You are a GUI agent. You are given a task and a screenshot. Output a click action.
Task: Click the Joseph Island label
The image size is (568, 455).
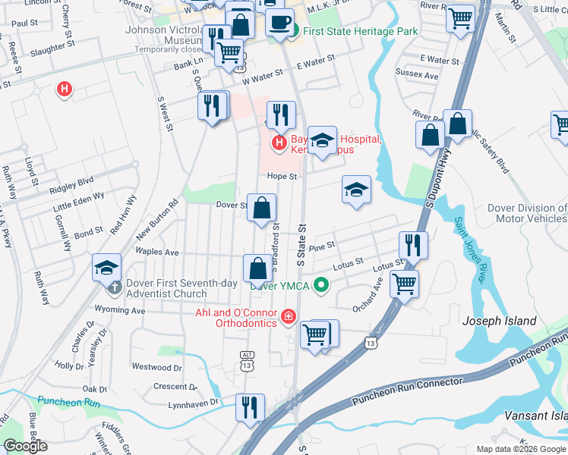[500, 321]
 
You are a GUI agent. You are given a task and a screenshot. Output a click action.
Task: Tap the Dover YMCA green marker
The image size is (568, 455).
[321, 285]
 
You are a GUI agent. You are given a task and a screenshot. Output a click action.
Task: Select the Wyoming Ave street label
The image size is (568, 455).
[120, 310]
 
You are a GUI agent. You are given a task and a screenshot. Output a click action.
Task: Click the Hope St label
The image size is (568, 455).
[280, 176]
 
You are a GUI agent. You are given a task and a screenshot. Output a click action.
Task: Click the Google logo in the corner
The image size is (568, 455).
[25, 446]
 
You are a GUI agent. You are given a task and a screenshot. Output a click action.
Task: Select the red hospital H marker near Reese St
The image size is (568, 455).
[65, 89]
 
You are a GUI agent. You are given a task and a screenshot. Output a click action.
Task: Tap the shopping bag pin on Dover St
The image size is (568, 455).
[261, 208]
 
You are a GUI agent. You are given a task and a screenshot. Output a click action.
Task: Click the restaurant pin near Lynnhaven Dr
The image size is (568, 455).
[248, 407]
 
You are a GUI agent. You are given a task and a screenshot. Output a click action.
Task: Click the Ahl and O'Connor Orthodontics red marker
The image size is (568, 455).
[287, 316]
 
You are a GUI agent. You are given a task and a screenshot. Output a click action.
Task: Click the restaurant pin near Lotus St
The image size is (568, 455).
[413, 244]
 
